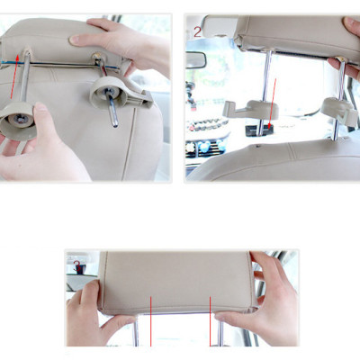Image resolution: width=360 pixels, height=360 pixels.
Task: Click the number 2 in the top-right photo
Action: coord(197,31)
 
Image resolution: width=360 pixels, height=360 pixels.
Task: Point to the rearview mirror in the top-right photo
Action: coord(194,60)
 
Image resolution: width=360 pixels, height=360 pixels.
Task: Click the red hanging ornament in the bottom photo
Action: coord(78,265)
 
